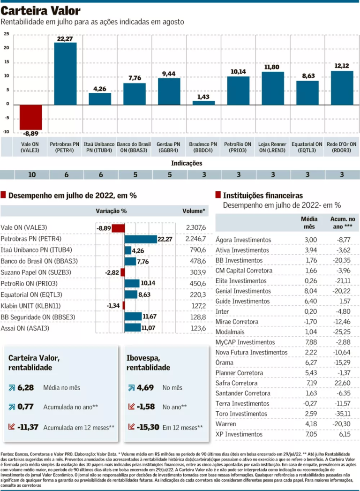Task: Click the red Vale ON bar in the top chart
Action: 30,117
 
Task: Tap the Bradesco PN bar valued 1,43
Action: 203,102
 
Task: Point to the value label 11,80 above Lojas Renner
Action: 272,67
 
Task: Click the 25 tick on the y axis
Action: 7,34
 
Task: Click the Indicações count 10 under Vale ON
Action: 32,174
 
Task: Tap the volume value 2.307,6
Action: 196,227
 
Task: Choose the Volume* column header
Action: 194,211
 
